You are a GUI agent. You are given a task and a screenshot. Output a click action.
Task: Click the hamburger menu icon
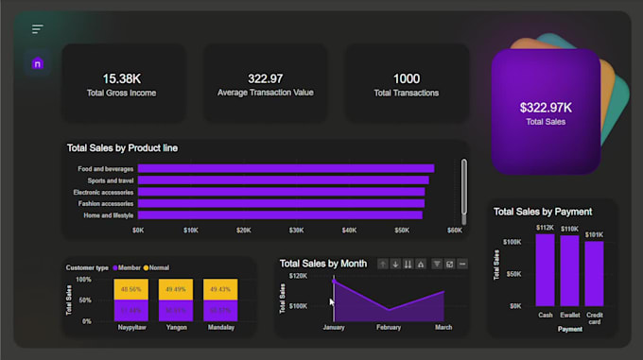[x=38, y=29]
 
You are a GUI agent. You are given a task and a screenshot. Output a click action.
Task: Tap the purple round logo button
[x=38, y=64]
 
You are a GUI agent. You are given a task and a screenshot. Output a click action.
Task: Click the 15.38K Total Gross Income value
[x=123, y=78]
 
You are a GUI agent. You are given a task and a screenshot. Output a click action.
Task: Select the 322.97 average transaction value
[x=265, y=78]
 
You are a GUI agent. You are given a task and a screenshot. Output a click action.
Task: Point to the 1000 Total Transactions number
[x=407, y=78]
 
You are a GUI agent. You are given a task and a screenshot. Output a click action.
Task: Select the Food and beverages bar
[x=286, y=169]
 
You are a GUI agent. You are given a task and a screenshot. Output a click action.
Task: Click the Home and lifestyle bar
[x=280, y=214]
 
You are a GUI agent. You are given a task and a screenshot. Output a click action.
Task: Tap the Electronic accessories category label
[x=103, y=192]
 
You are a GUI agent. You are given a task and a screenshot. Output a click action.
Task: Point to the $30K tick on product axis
[x=297, y=230]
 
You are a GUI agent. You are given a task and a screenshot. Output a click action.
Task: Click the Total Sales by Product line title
[x=122, y=148]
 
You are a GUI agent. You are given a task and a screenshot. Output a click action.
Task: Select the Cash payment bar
[x=545, y=270]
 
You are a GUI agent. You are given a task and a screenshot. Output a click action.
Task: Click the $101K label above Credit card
[x=594, y=234]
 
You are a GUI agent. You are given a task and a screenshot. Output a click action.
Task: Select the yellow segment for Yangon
[x=174, y=289]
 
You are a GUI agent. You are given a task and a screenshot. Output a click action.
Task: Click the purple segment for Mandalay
[x=219, y=310]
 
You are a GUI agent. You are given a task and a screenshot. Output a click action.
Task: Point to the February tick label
[x=389, y=327]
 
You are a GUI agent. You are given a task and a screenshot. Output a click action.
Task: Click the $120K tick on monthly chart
[x=297, y=276]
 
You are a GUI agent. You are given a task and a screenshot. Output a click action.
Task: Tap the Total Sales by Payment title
[x=543, y=212]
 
